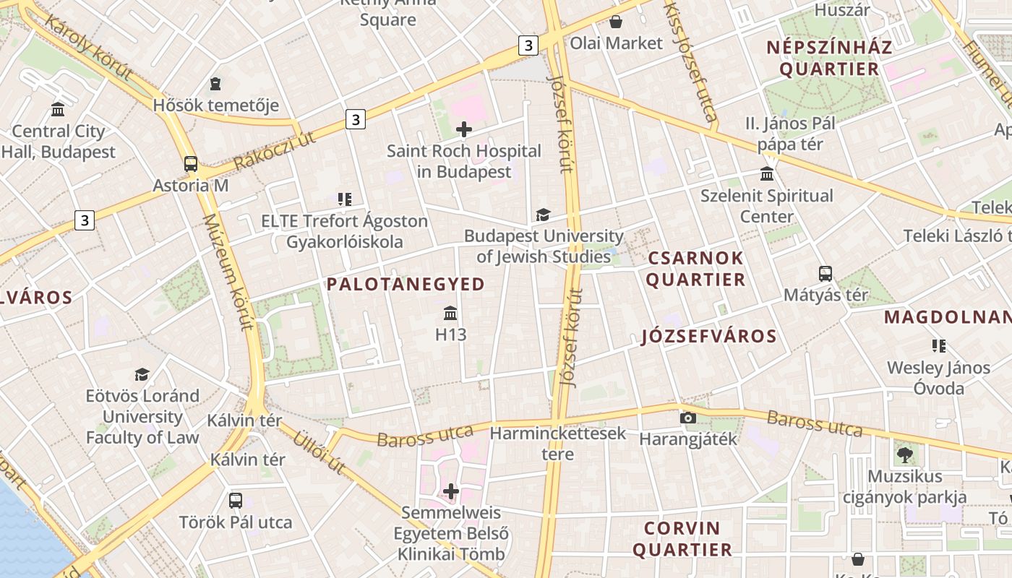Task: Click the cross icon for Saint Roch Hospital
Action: tap(464, 129)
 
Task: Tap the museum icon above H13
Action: tap(450, 313)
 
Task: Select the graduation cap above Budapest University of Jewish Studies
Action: tap(542, 215)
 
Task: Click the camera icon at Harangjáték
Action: tap(688, 418)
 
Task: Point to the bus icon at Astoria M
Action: tap(191, 164)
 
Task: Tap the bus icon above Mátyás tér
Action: tap(826, 274)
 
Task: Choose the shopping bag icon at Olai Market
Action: tap(616, 22)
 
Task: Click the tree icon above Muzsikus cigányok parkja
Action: tap(904, 454)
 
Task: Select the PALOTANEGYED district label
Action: tap(406, 284)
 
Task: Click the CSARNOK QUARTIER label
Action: tap(695, 269)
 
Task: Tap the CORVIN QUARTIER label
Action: tap(682, 539)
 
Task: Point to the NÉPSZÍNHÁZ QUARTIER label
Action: tap(829, 59)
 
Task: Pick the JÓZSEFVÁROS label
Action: tap(708, 336)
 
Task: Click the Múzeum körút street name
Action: tap(229, 271)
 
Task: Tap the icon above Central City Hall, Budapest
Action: tap(58, 110)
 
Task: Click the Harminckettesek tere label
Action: tap(558, 444)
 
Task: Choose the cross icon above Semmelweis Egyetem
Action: tap(451, 491)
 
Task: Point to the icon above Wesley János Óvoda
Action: tap(938, 346)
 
